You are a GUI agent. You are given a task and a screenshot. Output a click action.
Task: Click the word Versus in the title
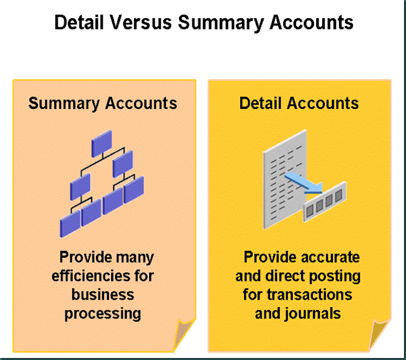click(x=141, y=22)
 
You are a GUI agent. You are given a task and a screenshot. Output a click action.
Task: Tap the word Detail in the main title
click(x=79, y=22)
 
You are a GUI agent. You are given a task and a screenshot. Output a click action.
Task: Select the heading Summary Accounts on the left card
click(x=103, y=104)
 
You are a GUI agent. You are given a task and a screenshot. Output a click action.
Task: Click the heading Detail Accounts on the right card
click(x=299, y=103)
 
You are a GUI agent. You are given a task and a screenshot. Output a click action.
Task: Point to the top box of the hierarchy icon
click(x=102, y=144)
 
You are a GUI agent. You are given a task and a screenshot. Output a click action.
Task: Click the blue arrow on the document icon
click(x=303, y=183)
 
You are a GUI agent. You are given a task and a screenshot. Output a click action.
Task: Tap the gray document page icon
click(x=285, y=179)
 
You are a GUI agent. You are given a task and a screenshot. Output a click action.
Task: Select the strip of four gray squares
click(x=325, y=202)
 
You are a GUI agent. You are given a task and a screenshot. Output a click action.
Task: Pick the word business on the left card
click(x=103, y=294)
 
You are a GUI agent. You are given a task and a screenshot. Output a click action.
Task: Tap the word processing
click(x=103, y=314)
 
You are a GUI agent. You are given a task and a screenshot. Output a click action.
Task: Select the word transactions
click(x=310, y=295)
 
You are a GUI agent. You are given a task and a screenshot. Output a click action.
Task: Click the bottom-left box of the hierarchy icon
click(x=70, y=224)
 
